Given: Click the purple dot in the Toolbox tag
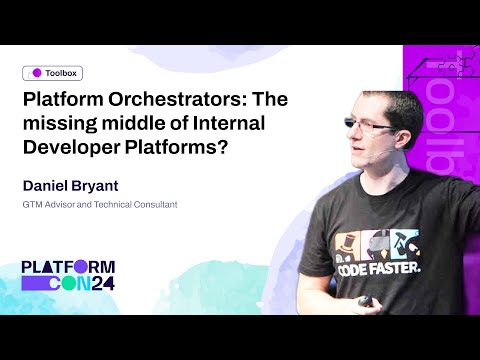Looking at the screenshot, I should pos(37,73).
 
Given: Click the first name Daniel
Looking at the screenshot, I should pos(53,186).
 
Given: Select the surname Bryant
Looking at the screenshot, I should pos(115,186).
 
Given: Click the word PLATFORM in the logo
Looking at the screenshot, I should pos(68,267).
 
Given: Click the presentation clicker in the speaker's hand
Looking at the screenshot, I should pos(366,300).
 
